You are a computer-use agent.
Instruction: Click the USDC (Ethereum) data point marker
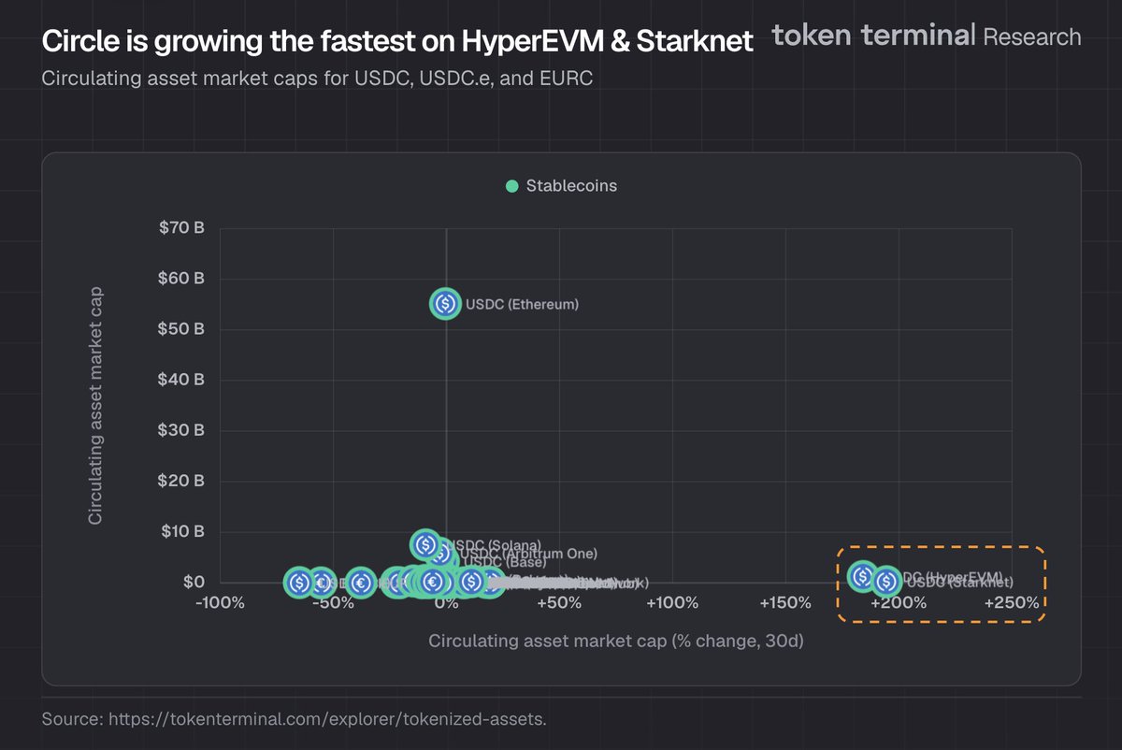(x=445, y=304)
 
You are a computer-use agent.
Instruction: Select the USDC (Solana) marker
(x=425, y=544)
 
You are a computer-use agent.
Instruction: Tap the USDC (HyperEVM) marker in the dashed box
(x=862, y=576)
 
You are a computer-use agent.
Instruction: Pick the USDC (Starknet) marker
(x=886, y=582)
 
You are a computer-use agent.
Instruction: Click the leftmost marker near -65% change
(x=299, y=583)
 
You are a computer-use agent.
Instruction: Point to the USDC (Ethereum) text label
(x=522, y=305)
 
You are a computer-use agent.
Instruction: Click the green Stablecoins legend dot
(x=511, y=186)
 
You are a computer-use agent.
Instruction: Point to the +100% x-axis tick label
(x=672, y=603)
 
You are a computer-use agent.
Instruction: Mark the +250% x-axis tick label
(x=1013, y=603)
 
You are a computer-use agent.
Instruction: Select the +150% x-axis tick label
(x=785, y=603)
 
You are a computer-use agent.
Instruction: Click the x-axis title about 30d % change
(x=616, y=642)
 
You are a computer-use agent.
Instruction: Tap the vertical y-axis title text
(x=95, y=405)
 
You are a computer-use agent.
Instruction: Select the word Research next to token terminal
(x=1031, y=36)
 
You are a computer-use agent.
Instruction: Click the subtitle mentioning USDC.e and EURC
(x=317, y=78)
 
